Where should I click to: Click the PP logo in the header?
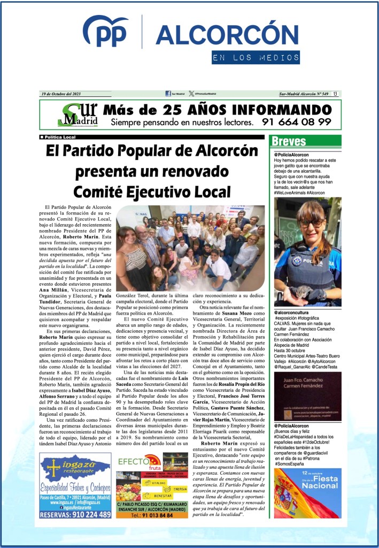pyautogui.click(x=106, y=33)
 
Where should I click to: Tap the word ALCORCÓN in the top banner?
pyautogui.click(x=227, y=35)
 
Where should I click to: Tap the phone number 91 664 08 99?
pyautogui.click(x=297, y=122)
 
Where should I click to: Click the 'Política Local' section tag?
pyautogui.click(x=60, y=137)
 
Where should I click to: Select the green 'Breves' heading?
pyautogui.click(x=289, y=141)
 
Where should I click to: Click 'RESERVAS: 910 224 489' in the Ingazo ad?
pyautogui.click(x=75, y=514)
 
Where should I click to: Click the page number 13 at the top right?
pyautogui.click(x=335, y=94)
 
